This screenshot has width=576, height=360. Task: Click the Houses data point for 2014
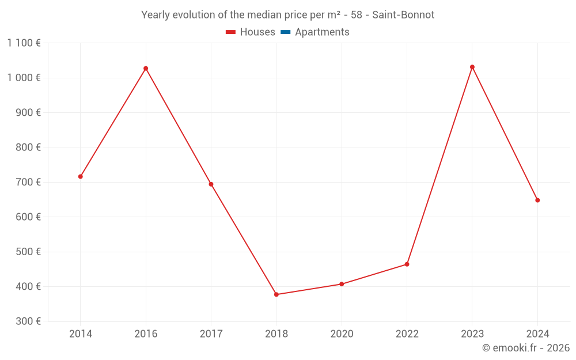pyautogui.click(x=81, y=176)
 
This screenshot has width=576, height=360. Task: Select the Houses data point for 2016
pyautogui.click(x=146, y=69)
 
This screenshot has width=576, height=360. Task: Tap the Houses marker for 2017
pyautogui.click(x=211, y=184)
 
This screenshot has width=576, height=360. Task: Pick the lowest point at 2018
pyautogui.click(x=276, y=294)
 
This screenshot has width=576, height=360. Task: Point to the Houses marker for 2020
pyautogui.click(x=342, y=284)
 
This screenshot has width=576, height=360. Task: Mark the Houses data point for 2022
pyautogui.click(x=407, y=264)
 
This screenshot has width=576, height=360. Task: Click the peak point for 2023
pyautogui.click(x=472, y=67)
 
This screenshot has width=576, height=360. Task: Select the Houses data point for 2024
pyautogui.click(x=537, y=200)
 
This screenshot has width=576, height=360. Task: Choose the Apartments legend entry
pyautogui.click(x=322, y=32)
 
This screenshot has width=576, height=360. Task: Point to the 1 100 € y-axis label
pyautogui.click(x=24, y=43)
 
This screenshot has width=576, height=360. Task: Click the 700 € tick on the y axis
pyautogui.click(x=28, y=182)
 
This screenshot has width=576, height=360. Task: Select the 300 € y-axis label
pyautogui.click(x=28, y=321)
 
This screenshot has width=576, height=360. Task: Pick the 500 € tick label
pyautogui.click(x=28, y=252)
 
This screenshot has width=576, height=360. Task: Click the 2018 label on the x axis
pyautogui.click(x=276, y=334)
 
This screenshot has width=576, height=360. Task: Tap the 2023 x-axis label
pyautogui.click(x=472, y=334)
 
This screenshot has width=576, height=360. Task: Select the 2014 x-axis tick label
pyautogui.click(x=81, y=334)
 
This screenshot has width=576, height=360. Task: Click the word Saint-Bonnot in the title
pyautogui.click(x=403, y=15)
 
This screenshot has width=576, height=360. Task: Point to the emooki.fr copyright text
pyautogui.click(x=526, y=348)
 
